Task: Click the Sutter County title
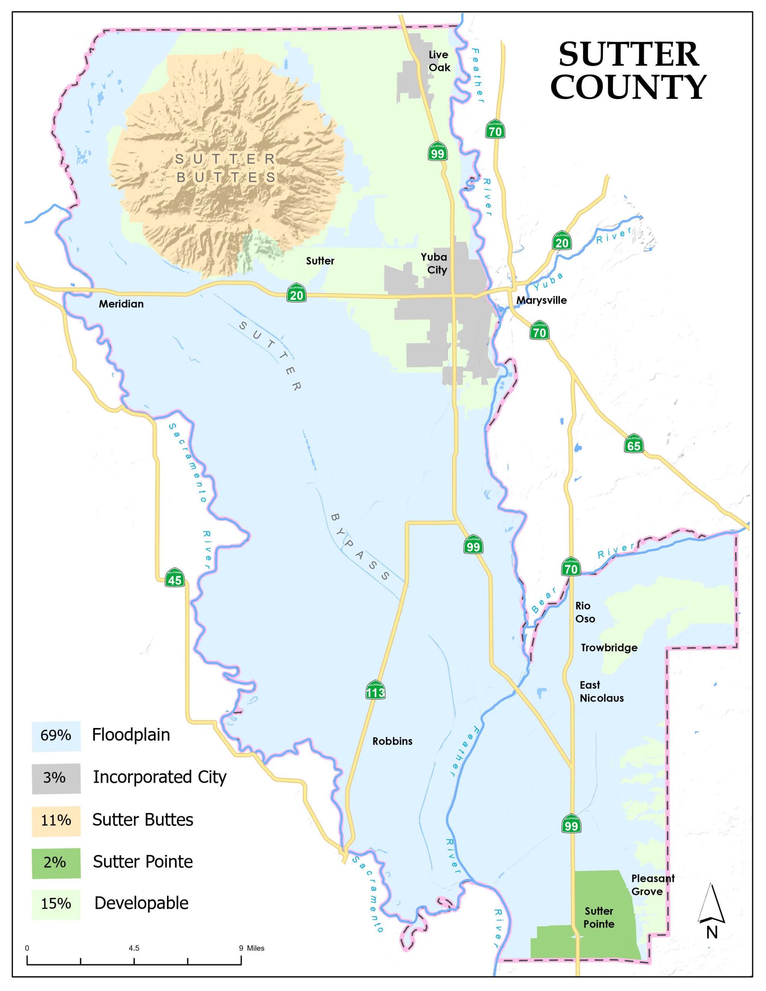[628, 71]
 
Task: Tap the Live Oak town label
[439, 61]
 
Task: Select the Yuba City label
[434, 263]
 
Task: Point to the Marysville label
[542, 300]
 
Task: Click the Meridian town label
[121, 304]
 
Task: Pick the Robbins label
[392, 741]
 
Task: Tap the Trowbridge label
[609, 648]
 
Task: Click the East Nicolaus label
[601, 692]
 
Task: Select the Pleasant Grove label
[653, 885]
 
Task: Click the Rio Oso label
[585, 612]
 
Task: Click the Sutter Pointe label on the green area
[599, 917]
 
